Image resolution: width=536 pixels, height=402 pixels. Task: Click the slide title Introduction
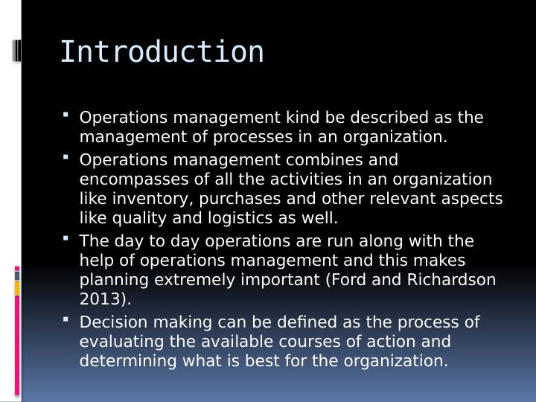(162, 52)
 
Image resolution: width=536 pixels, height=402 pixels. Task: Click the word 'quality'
(139, 218)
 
